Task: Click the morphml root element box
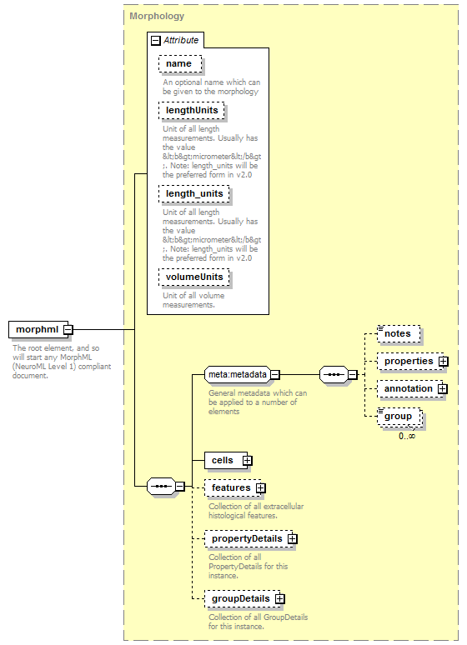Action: (x=38, y=329)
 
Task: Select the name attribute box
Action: (x=180, y=64)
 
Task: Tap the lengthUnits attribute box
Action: (x=192, y=110)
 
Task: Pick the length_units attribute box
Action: (x=194, y=193)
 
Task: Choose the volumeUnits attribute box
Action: (x=194, y=277)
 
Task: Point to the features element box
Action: (x=233, y=487)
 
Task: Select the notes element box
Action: (x=399, y=333)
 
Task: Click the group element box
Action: (x=399, y=417)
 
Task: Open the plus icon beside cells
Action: (x=247, y=460)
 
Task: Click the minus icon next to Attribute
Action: (x=156, y=40)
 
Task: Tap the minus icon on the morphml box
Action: (x=68, y=329)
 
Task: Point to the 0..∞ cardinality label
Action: (x=407, y=436)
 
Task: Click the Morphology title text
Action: (x=157, y=16)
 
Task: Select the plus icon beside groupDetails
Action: (x=280, y=598)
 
